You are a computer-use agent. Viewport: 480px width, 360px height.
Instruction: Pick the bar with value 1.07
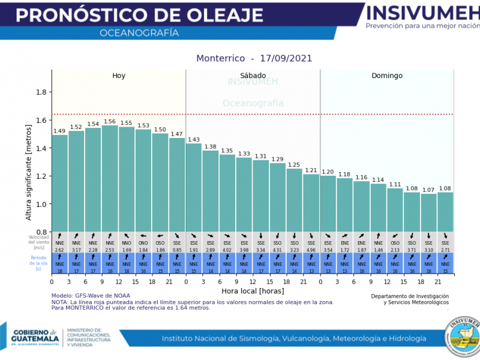[428, 212]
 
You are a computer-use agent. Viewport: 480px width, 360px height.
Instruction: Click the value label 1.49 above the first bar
[59, 131]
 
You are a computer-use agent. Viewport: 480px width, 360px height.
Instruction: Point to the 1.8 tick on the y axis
[41, 92]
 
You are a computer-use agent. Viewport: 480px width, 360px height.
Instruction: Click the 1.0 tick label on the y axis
[41, 205]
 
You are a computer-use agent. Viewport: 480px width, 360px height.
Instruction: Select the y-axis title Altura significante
[29, 172]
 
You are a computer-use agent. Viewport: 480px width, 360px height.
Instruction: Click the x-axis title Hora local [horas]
[252, 291]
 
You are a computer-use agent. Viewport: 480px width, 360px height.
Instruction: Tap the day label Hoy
[119, 76]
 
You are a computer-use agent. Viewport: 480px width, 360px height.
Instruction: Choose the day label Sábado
[253, 76]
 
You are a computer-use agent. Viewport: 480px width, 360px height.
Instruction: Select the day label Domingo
[387, 76]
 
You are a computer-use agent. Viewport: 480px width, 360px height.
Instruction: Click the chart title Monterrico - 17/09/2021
[254, 58]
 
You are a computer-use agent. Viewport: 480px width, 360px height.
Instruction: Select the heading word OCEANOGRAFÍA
[139, 33]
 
